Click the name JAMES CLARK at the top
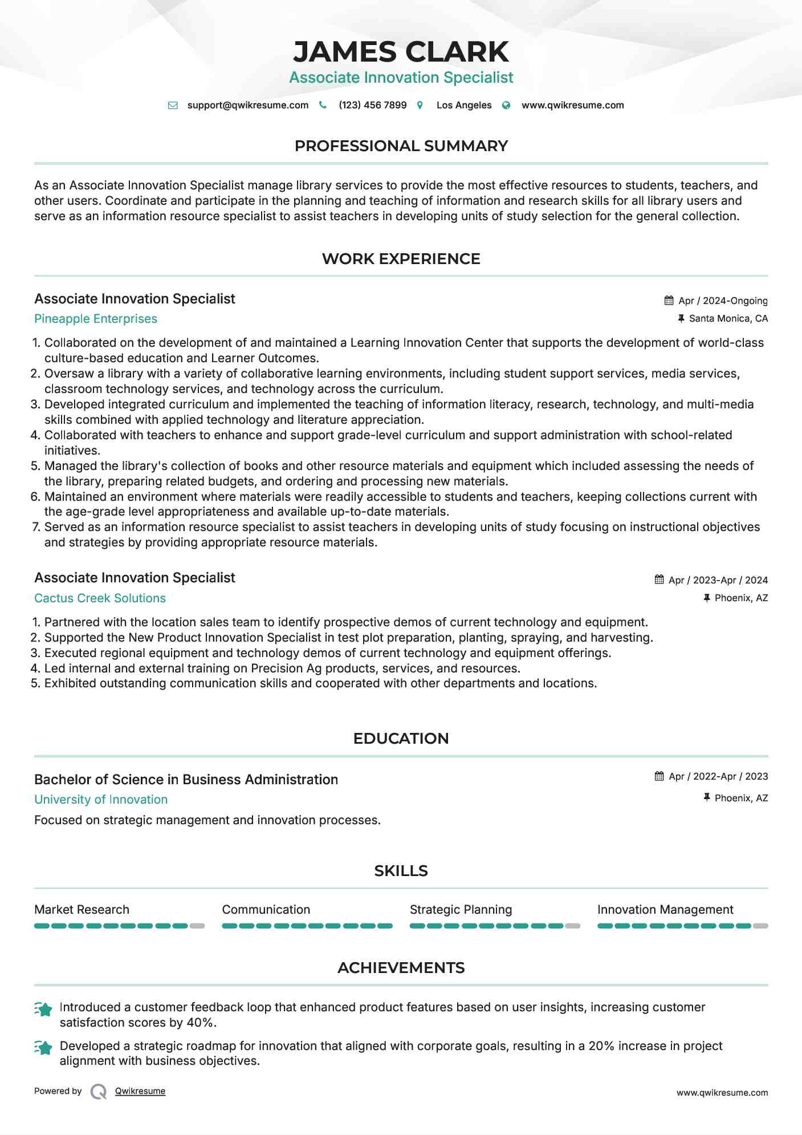point(401,52)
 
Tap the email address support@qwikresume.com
point(247,105)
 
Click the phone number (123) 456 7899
point(372,105)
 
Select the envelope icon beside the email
point(173,106)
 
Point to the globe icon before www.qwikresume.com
point(506,106)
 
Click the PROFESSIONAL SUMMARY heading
point(401,146)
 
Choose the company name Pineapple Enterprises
point(96,319)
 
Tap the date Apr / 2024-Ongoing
point(723,301)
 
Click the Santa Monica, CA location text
point(728,318)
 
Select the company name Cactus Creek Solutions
point(100,598)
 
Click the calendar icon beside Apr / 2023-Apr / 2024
point(659,579)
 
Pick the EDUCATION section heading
point(401,739)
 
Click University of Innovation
point(101,800)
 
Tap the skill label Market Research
point(82,910)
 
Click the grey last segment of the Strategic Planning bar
point(573,926)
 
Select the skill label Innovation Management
point(665,910)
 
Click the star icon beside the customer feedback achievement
point(44,1009)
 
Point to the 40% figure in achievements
point(200,1023)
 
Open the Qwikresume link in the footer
point(140,1091)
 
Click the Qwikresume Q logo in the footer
point(99,1092)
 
